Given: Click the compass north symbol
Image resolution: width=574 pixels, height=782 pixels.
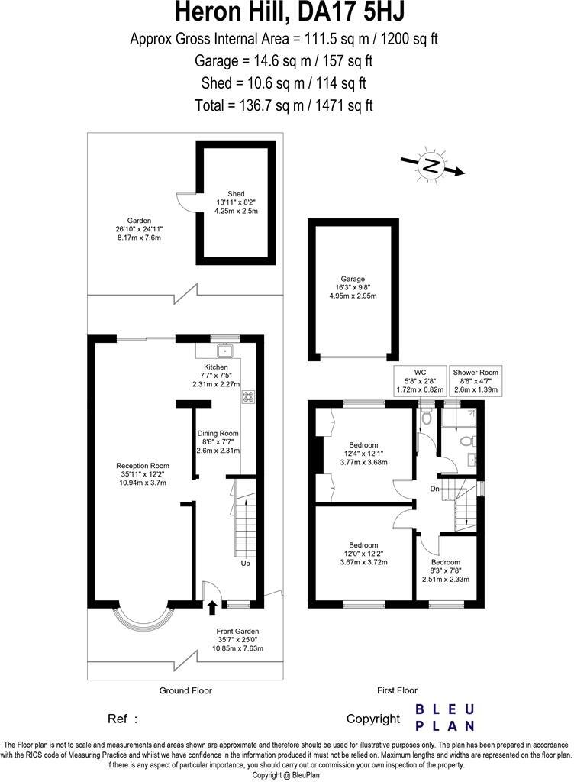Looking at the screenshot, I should [432, 166].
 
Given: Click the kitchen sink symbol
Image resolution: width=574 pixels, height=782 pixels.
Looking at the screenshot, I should [224, 352].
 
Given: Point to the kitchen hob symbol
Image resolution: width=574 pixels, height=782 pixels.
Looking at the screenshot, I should [248, 396].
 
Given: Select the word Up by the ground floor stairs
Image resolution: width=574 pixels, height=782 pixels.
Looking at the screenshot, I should [246, 564].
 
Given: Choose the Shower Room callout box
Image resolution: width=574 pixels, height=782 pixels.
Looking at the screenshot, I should [476, 380].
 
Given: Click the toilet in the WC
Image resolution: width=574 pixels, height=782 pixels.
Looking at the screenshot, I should [426, 416].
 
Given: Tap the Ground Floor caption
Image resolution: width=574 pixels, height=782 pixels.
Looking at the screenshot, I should [185, 690].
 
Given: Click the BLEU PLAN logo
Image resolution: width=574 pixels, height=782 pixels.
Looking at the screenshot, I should [445, 718].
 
